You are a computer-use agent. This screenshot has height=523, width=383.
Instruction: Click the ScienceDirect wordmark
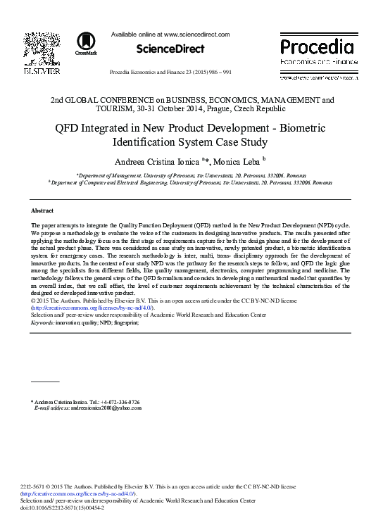click(171, 49)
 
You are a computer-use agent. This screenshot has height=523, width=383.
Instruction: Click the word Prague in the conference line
click(239, 108)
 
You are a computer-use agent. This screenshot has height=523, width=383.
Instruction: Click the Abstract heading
click(43, 210)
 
